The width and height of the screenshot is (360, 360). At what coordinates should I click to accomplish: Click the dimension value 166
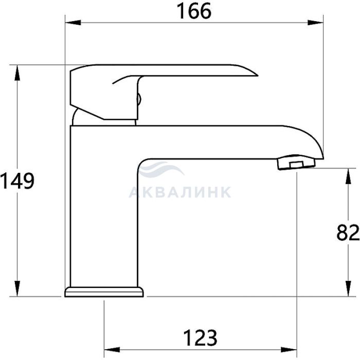(194, 11)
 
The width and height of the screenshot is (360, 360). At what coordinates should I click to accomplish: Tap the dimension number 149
(17, 181)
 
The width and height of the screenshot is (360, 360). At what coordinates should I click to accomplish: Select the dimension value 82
(348, 232)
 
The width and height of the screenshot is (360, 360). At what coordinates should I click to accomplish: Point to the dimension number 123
(200, 337)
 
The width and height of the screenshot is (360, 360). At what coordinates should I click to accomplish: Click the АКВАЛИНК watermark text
(180, 192)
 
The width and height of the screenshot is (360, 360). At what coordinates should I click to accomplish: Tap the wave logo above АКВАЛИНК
(160, 169)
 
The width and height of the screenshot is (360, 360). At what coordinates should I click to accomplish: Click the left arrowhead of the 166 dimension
(73, 23)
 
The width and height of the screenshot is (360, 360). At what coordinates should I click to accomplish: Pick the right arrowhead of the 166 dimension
(315, 23)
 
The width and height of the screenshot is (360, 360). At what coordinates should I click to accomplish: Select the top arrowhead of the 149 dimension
(17, 73)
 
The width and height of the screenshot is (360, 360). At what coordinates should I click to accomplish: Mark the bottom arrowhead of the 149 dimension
(17, 289)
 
